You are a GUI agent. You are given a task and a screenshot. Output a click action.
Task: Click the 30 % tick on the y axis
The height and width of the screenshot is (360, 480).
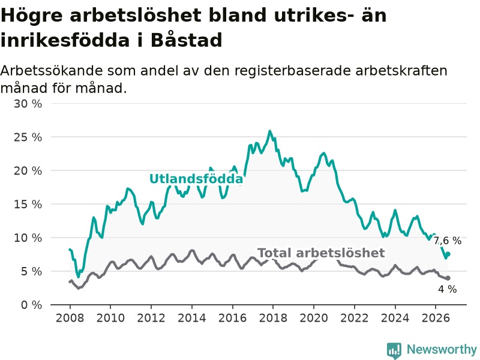pyautogui.click(x=28, y=104)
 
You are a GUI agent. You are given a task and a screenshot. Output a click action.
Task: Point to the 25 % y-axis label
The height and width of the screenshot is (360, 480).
pyautogui.click(x=28, y=137)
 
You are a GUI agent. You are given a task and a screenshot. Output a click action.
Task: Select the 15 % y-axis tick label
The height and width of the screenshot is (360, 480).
pyautogui.click(x=28, y=204)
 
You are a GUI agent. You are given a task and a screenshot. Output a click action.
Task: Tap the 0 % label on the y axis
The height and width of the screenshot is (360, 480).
pyautogui.click(x=32, y=305)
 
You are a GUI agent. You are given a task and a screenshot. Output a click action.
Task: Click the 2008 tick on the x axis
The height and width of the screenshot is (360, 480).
pyautogui.click(x=70, y=318)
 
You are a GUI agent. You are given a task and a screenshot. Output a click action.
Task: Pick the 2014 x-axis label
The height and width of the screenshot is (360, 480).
pyautogui.click(x=192, y=318)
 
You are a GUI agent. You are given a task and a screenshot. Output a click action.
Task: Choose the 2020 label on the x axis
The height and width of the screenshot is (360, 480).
pyautogui.click(x=314, y=318)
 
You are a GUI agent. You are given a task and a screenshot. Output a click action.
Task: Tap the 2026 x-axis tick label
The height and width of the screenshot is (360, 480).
pyautogui.click(x=436, y=318)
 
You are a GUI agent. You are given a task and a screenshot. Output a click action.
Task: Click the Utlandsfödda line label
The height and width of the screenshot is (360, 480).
pyautogui.click(x=196, y=179)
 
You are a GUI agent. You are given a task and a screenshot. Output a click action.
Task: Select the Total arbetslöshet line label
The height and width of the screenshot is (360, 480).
pyautogui.click(x=321, y=253)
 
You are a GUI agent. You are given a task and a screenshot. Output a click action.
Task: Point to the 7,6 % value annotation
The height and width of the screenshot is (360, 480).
pyautogui.click(x=447, y=241)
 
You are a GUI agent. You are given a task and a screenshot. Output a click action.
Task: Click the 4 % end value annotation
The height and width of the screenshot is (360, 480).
pyautogui.click(x=448, y=289)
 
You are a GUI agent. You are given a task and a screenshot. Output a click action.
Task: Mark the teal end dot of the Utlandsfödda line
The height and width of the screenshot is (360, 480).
pyautogui.click(x=448, y=254)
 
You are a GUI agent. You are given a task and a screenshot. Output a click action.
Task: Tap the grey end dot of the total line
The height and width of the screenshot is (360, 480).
pyautogui.click(x=448, y=278)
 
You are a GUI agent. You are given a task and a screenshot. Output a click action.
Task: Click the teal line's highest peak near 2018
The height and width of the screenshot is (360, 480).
pyautogui.click(x=269, y=131)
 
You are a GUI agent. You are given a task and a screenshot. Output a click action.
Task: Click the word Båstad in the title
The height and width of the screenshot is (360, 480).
pyautogui.click(x=186, y=40)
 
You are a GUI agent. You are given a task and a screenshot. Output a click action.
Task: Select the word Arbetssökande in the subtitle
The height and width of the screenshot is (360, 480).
pyautogui.click(x=52, y=71)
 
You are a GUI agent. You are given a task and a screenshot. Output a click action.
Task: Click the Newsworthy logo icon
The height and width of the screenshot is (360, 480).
pyautogui.click(x=394, y=350)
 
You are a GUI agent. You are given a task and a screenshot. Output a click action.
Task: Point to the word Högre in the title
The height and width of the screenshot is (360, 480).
pyautogui.click(x=32, y=16)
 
